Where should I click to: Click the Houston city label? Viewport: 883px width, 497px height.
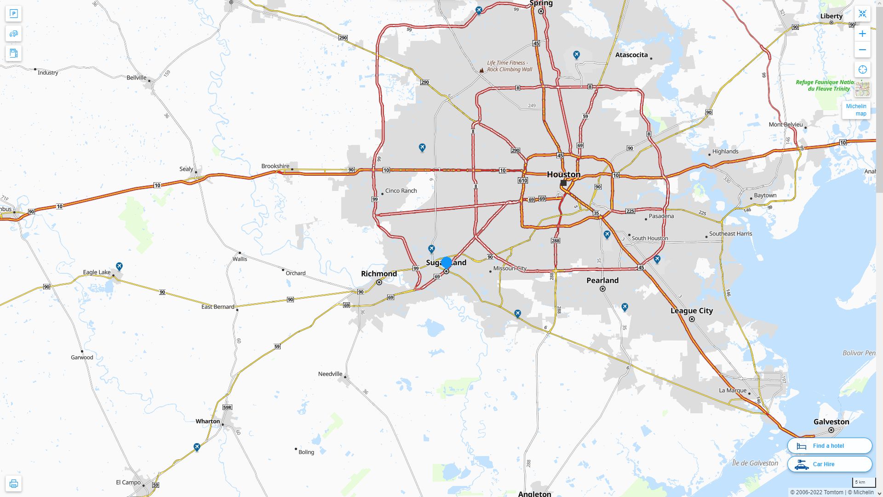563,174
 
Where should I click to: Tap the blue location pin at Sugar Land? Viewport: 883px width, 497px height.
446,262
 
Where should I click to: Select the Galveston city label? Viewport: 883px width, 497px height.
831,422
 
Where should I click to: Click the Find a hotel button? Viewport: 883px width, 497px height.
829,445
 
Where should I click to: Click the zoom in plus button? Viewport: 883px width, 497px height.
862,34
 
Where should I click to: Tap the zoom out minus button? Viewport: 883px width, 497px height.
862,50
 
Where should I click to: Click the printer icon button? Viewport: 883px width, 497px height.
13,484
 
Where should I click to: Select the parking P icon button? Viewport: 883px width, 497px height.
13,14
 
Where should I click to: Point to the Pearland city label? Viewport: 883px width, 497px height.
602,280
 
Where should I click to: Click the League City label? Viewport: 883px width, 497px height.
692,311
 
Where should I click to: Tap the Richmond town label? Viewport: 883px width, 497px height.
379,273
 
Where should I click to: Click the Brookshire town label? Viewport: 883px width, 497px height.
275,166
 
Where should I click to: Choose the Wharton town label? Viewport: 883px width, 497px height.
208,421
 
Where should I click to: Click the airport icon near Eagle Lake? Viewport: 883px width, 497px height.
120,266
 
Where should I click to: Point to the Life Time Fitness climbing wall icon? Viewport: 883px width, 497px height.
482,70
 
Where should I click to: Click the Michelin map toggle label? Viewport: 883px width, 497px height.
856,110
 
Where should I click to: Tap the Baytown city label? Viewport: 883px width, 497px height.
765,195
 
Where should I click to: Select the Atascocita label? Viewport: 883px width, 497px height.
631,55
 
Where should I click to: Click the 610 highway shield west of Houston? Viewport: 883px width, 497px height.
522,180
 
